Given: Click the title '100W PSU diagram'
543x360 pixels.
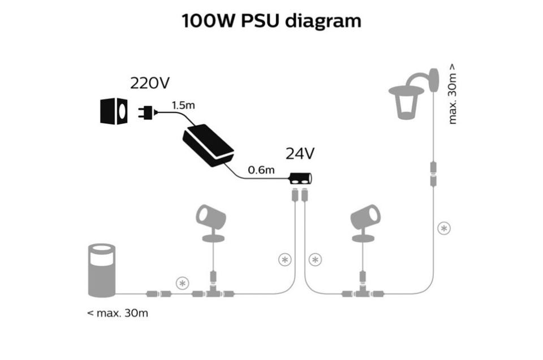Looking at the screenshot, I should pos(271,21).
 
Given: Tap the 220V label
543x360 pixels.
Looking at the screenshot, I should pos(149,83).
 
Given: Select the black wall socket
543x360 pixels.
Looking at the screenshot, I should pos(114,111).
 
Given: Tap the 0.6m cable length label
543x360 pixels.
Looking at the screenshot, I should pos(261,170).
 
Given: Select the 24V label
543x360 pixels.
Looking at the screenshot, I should pos(300,154).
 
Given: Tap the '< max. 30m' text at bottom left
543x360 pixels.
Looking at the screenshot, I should pos(118,313).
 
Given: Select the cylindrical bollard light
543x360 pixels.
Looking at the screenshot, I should pos(102,270).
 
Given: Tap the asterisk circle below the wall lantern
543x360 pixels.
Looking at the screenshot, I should pos(445,228).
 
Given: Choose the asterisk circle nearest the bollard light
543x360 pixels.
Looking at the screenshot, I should pos(182,283).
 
